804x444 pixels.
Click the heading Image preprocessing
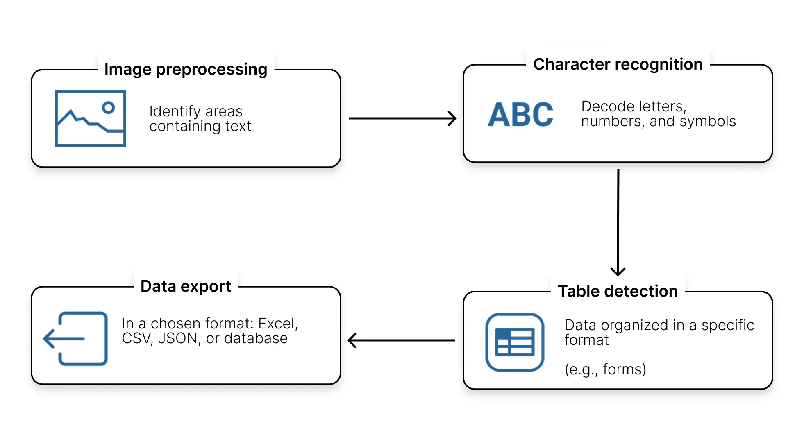coord(186,69)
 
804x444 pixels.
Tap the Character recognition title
coord(618,64)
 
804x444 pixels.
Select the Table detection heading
coord(618,291)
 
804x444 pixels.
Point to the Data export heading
coord(186,286)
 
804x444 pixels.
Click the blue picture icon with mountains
coord(91,118)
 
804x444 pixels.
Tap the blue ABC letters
coord(520,115)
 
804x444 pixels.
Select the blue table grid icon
coord(515,342)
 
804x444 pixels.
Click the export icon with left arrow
coord(76,339)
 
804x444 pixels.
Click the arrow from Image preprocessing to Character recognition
coord(402,118)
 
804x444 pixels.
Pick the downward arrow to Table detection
coord(618,221)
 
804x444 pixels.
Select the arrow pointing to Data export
coord(401,340)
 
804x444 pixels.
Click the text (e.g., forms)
coord(605,369)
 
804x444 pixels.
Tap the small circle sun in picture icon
coord(108,108)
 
